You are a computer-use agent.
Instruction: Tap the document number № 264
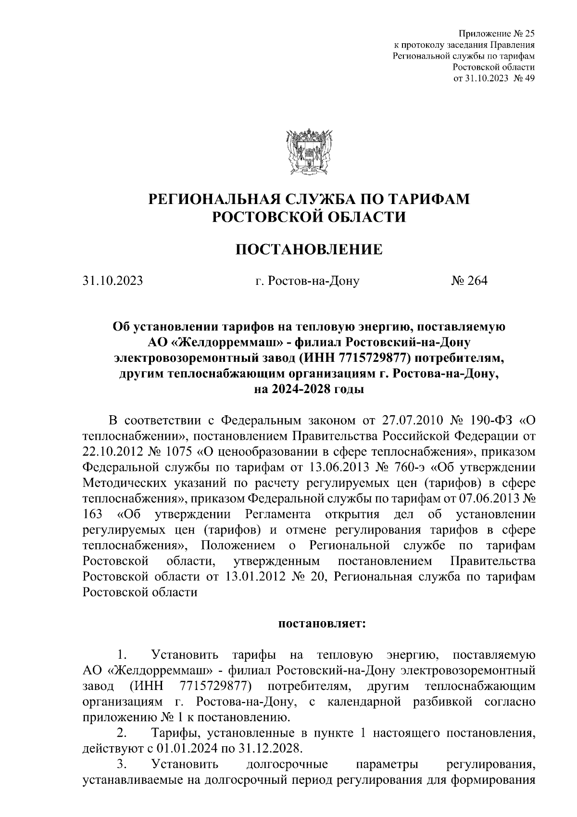469,281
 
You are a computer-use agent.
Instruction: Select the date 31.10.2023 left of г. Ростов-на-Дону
113,281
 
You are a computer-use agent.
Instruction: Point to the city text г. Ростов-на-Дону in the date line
308,281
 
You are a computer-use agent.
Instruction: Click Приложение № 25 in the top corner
497,34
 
